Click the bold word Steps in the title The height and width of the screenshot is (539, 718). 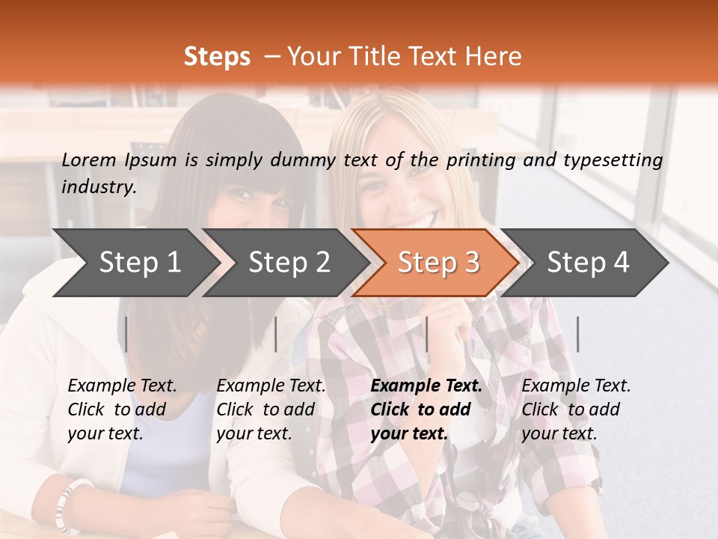coord(217,57)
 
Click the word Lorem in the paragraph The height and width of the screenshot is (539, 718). coord(89,159)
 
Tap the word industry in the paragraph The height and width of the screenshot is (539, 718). coord(99,187)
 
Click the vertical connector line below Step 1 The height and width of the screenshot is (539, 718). coord(126,334)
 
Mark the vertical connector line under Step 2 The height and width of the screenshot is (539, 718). coord(276,334)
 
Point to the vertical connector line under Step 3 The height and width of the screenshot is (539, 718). coord(426,334)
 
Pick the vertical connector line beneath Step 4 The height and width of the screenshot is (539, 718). coord(577,334)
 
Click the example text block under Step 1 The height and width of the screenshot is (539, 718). coord(122,409)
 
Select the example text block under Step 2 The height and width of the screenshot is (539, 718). coord(271,409)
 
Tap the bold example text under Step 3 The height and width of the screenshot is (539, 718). coord(426,409)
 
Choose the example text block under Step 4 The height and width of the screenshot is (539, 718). coord(576,409)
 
